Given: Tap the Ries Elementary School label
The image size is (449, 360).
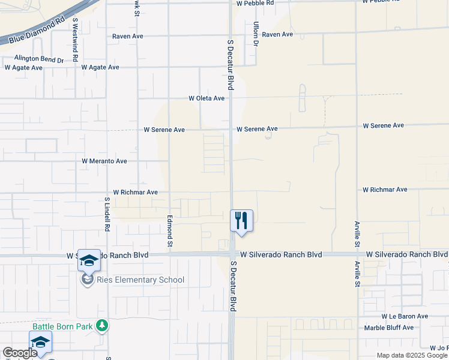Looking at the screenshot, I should [x=142, y=280].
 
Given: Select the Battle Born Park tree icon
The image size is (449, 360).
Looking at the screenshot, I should [x=103, y=326].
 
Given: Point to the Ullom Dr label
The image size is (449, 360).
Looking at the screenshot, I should [x=256, y=34].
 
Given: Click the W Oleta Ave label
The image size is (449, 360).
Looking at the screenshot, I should [x=206, y=98].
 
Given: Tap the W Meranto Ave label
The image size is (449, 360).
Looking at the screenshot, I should [x=104, y=161].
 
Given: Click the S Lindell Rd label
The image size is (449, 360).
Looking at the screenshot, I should [x=107, y=215].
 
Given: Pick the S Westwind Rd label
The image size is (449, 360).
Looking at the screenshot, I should [x=75, y=40].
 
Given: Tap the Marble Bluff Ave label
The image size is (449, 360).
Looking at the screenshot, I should [x=389, y=328].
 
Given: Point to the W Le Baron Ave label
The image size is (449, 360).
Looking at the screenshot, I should [x=405, y=316].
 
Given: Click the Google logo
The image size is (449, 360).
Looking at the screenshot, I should [x=19, y=353].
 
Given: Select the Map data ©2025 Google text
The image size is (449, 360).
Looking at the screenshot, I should [x=411, y=355].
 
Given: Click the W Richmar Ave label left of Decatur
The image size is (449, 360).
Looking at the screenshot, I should [x=135, y=193].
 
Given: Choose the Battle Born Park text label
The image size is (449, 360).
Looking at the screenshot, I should [x=62, y=326].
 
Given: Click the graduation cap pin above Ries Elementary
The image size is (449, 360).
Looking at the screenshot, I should [x=89, y=260].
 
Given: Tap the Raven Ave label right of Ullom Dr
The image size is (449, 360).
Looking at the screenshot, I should [x=277, y=35].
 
